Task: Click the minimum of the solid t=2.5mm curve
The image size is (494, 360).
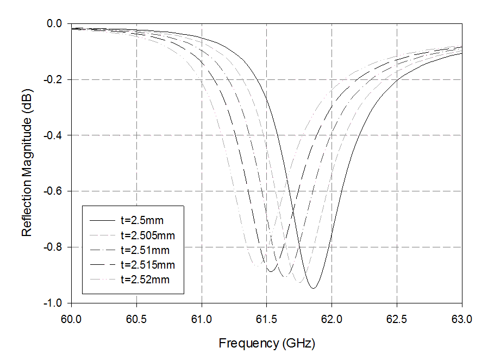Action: pyautogui.click(x=313, y=288)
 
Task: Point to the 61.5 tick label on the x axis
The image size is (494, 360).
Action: pyautogui.click(x=266, y=319)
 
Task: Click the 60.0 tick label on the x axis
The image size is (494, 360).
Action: pyautogui.click(x=71, y=319)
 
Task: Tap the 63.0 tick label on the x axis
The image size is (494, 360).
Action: pyautogui.click(x=462, y=319)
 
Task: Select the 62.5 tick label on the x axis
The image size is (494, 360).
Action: pyautogui.click(x=397, y=319)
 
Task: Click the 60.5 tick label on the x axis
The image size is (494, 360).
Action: pyautogui.click(x=136, y=319)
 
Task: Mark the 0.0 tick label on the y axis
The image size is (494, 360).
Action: pyautogui.click(x=55, y=24)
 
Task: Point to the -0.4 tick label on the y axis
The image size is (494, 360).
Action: pyautogui.click(x=53, y=135)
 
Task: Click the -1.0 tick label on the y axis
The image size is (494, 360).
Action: pyautogui.click(x=53, y=303)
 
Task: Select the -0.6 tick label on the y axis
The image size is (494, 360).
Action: pyautogui.click(x=53, y=191)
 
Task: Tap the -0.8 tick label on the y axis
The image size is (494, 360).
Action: pyautogui.click(x=53, y=247)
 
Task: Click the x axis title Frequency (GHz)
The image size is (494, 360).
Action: pyautogui.click(x=267, y=344)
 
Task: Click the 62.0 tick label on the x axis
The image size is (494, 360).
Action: pyautogui.click(x=332, y=319)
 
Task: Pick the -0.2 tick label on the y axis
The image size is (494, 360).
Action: pyautogui.click(x=53, y=80)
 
